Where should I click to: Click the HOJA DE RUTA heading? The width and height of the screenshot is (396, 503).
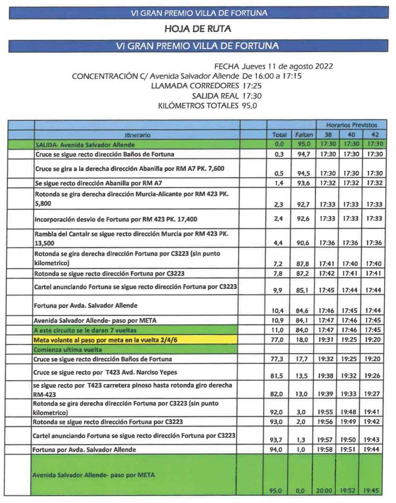click(x=198, y=29)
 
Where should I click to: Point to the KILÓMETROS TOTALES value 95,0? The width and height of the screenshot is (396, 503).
click(x=250, y=106)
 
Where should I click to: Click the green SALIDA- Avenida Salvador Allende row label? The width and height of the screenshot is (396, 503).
click(x=85, y=145)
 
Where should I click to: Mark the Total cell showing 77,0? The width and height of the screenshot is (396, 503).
click(x=278, y=339)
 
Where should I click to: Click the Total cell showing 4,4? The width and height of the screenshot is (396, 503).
click(x=278, y=243)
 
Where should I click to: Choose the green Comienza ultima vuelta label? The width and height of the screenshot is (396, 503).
click(x=67, y=349)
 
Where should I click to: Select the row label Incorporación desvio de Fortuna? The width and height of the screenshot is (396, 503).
click(x=116, y=219)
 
